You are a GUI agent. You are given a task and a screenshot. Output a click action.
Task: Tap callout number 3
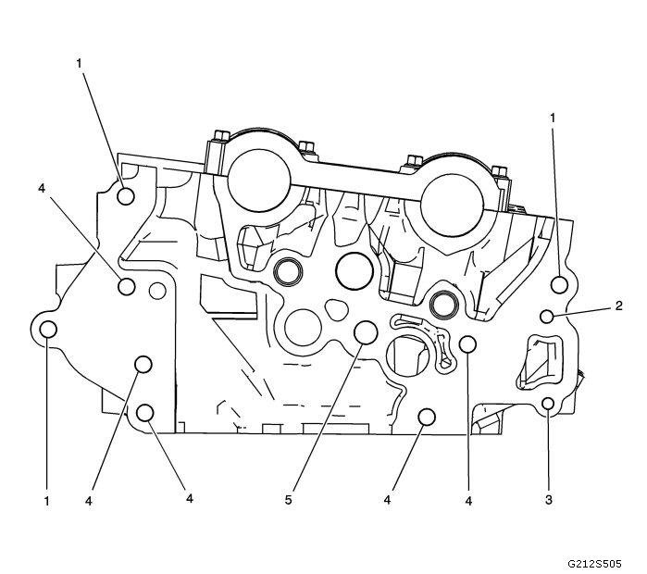549,501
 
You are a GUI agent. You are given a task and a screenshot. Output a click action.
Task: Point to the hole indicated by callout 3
548,404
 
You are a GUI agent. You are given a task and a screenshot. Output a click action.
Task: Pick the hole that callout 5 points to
365,331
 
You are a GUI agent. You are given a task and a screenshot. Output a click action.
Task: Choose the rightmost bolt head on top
500,172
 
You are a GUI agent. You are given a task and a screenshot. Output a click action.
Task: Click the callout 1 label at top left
80,63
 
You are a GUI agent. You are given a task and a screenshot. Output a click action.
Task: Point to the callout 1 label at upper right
554,118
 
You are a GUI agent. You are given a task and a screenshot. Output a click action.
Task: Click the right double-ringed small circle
446,302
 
